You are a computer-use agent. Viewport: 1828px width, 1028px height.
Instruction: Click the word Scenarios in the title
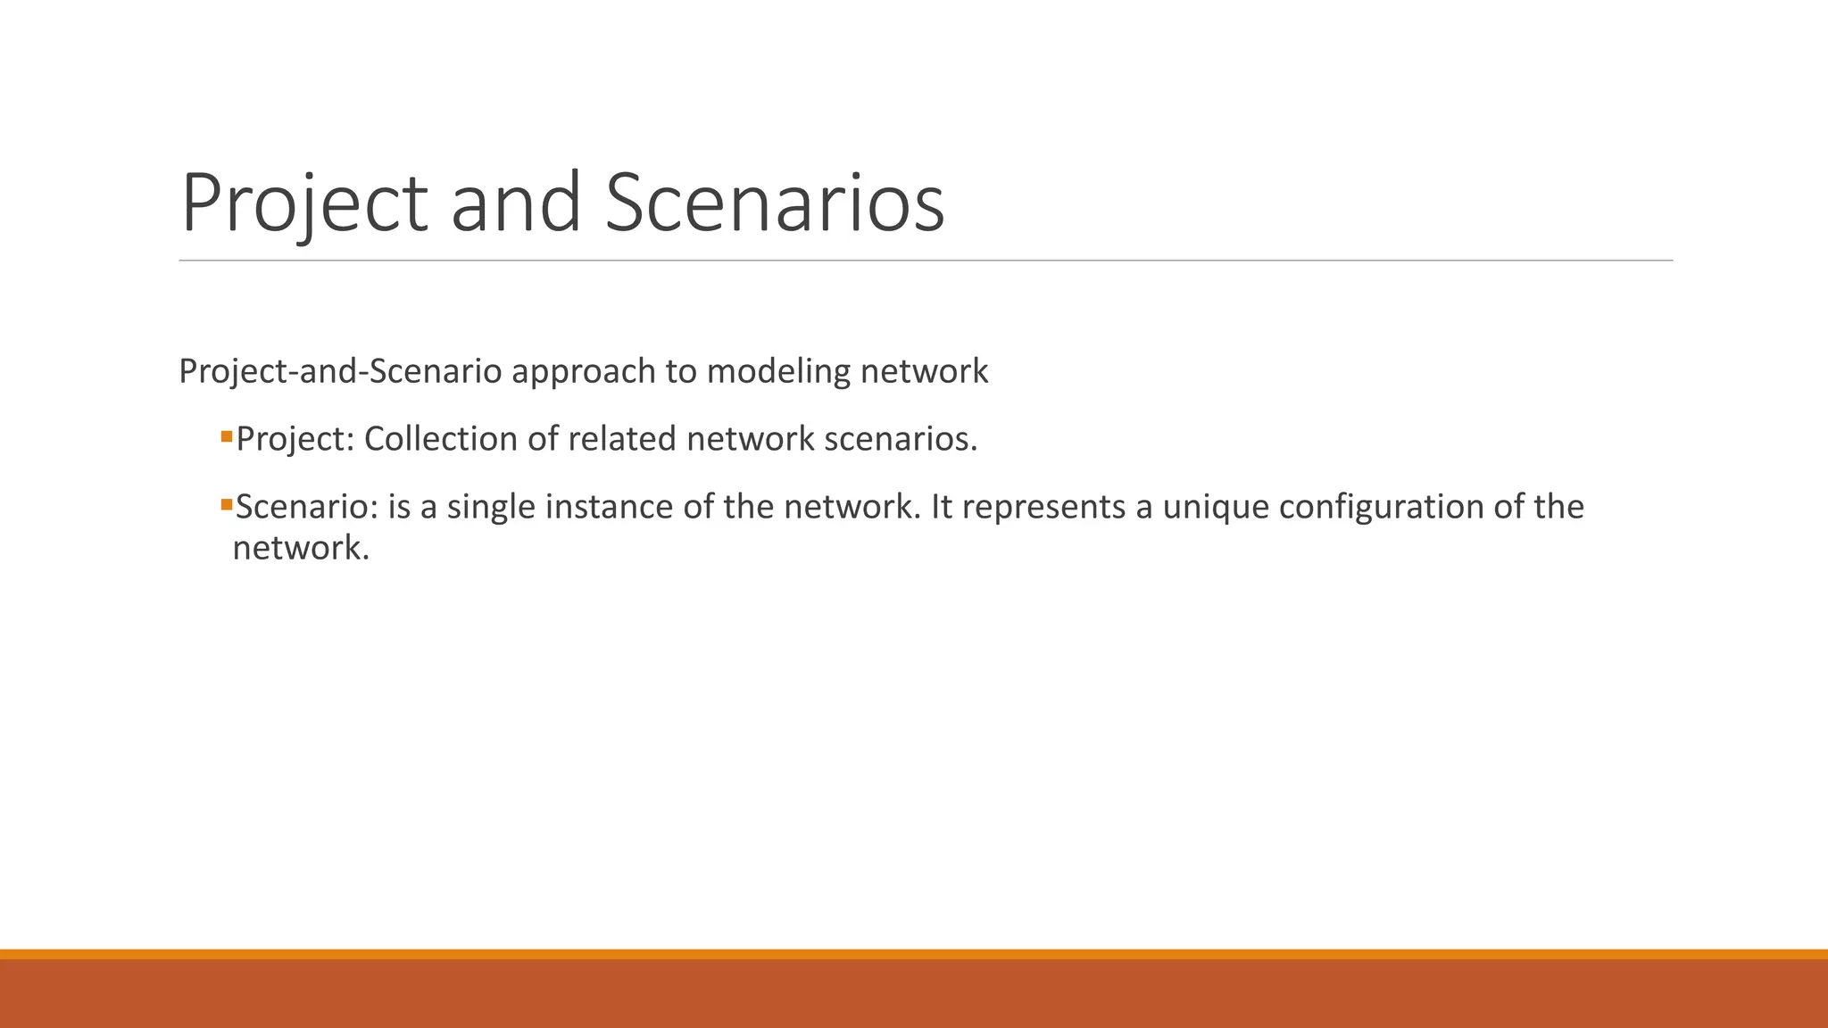(774, 203)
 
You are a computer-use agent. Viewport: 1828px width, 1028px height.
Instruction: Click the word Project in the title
(304, 203)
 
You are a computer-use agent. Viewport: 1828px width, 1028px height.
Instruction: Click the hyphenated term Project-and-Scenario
(340, 371)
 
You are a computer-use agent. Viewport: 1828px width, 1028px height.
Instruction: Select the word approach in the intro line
(584, 371)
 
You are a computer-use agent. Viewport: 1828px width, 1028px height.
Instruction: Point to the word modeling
(778, 371)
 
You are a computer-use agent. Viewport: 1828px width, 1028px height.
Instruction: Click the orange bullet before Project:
(227, 437)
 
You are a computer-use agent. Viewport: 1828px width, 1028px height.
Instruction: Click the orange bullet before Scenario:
(227, 505)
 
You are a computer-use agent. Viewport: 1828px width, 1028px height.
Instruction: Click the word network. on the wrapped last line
(301, 548)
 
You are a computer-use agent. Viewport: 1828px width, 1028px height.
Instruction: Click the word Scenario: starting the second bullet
(307, 507)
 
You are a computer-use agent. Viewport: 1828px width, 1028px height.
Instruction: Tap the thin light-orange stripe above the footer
(914, 954)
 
